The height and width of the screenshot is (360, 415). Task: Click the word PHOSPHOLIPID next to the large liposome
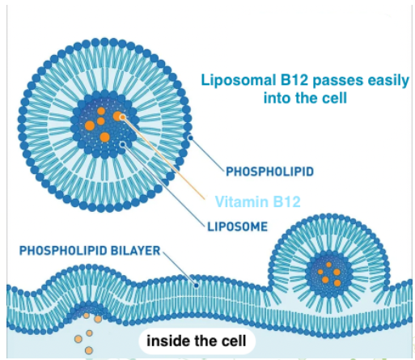(x=269, y=172)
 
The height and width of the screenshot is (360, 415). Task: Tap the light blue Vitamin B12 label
(x=258, y=201)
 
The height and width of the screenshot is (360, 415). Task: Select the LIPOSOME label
(x=237, y=227)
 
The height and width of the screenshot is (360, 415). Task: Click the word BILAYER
(x=136, y=251)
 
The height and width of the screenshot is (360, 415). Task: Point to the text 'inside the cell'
(x=197, y=341)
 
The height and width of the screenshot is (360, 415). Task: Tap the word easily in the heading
(x=388, y=81)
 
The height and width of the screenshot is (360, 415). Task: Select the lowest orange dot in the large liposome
(x=104, y=137)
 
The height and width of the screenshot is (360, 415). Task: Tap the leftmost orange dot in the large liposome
(x=90, y=125)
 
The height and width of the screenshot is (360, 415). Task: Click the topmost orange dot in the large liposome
(x=101, y=111)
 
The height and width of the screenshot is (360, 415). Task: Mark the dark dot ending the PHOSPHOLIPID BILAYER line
(x=197, y=286)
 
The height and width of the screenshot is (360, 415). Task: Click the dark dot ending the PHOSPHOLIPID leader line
(x=191, y=138)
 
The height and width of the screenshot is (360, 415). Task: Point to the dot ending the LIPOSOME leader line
(x=123, y=145)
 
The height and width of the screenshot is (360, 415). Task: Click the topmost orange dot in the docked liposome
(x=328, y=265)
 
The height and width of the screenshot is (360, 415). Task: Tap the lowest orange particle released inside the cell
(x=89, y=350)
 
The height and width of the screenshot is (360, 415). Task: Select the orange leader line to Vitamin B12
(x=163, y=158)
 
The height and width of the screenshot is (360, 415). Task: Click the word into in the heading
(x=277, y=98)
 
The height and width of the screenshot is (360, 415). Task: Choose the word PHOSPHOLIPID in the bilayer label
(x=63, y=251)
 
